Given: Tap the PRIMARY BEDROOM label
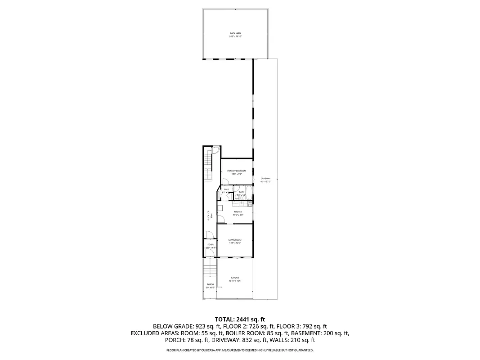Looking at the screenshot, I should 237,171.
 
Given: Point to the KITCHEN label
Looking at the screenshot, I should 238,211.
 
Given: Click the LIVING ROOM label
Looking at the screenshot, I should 235,240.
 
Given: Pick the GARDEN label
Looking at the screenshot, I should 235,278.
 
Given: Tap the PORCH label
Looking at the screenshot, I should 210,284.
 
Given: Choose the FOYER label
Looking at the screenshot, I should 210,244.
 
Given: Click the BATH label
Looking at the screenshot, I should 242,192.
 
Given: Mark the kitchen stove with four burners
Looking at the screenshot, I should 250,203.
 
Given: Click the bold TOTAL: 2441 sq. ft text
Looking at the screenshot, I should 240,318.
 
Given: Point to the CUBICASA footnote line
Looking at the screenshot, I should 240,350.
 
